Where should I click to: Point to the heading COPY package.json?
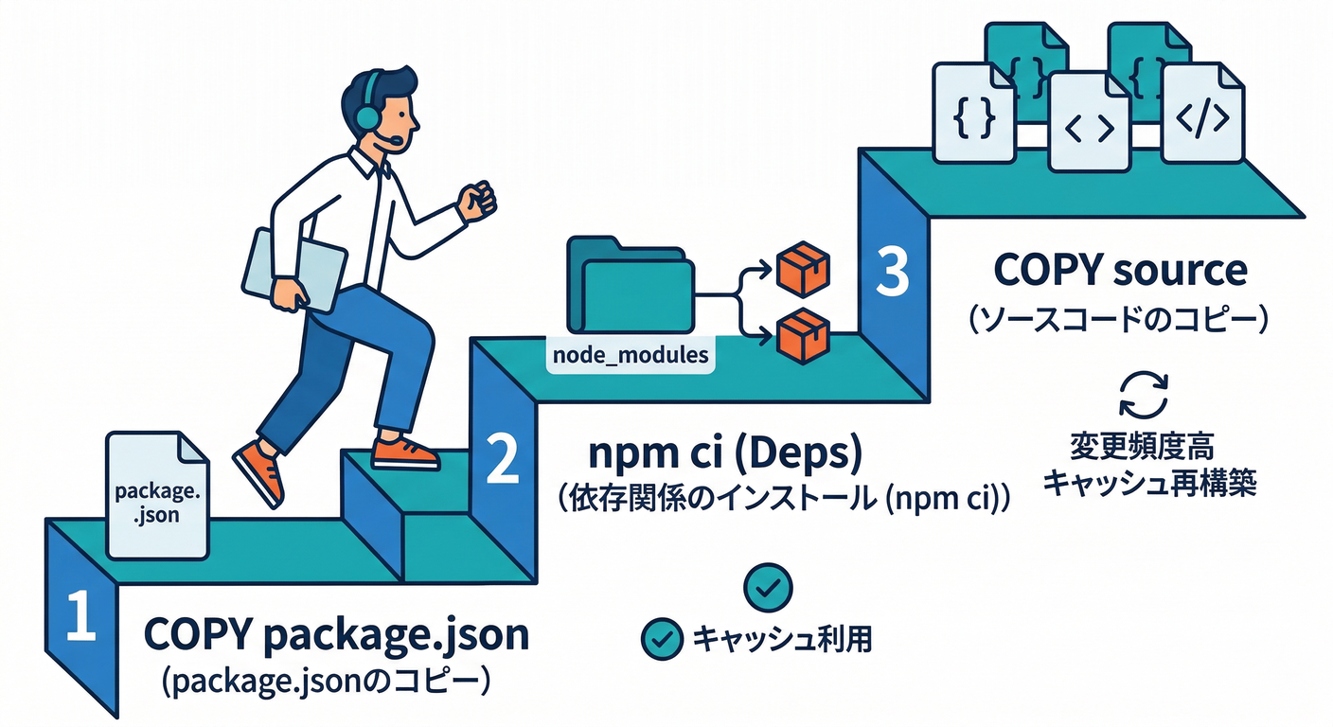coord(336,635)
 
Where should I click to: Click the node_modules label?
coord(629,356)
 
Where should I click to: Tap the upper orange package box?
coord(802,268)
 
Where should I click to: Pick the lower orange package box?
coord(802,335)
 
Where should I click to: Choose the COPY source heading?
coord(1120,271)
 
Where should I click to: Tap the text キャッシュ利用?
coord(782,640)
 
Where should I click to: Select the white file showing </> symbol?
coord(1202,115)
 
